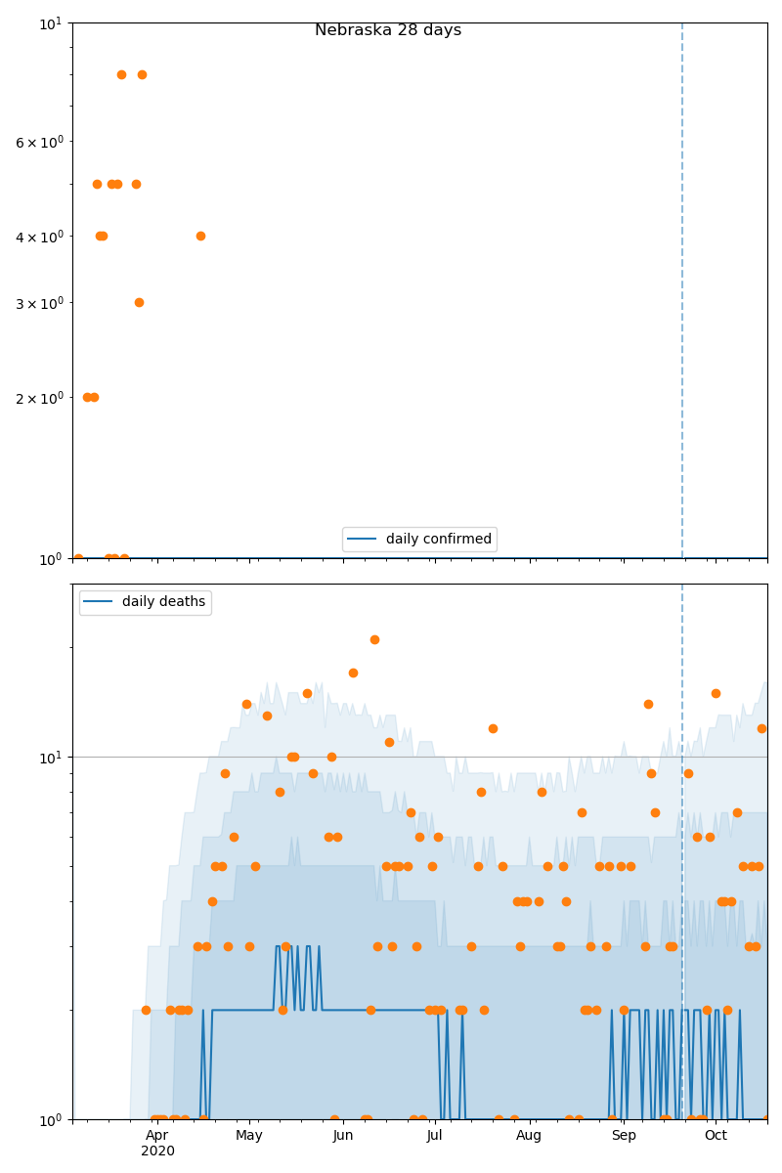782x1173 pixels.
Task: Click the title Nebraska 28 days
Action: click(388, 30)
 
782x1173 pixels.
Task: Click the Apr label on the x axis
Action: click(157, 1136)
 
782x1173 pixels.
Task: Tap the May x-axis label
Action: click(249, 1136)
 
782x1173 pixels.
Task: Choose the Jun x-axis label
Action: click(343, 1136)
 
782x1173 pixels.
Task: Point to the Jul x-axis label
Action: click(435, 1136)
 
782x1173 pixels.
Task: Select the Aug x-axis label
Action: click(529, 1136)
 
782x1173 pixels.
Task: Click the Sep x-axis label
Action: click(624, 1136)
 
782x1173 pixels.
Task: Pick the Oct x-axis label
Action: click(716, 1136)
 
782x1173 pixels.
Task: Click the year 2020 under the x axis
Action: click(157, 1151)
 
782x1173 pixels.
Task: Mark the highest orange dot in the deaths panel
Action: click(374, 639)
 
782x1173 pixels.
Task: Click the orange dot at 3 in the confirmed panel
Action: click(139, 302)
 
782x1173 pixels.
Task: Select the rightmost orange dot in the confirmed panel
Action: click(200, 236)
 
